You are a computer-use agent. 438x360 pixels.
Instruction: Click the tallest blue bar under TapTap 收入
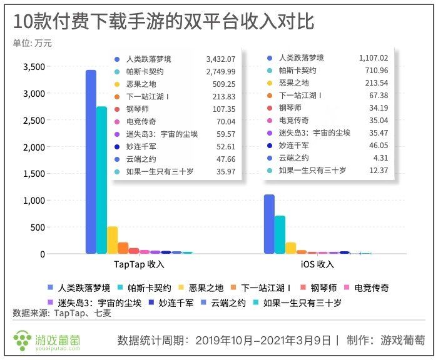[91, 162]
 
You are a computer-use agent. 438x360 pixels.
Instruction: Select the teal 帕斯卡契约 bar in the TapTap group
[101, 181]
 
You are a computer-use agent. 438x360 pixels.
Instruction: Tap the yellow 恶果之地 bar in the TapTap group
[113, 241]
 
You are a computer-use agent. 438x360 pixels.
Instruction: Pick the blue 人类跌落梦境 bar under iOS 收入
[269, 225]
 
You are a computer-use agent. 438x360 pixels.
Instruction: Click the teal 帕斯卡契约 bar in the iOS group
[280, 235]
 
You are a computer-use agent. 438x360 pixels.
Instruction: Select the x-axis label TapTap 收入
[139, 264]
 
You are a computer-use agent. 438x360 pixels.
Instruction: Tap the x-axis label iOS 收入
[317, 264]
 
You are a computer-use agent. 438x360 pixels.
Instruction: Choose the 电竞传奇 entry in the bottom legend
[371, 288]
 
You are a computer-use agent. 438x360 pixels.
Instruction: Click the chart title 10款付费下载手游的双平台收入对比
[163, 22]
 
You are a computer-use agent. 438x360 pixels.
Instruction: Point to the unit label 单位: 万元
[33, 43]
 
